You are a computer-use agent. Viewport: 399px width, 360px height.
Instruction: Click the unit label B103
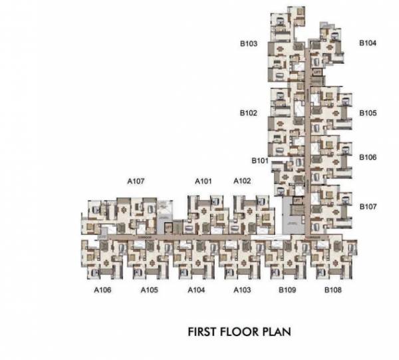point(249,44)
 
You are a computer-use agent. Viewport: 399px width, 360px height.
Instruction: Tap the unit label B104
point(368,43)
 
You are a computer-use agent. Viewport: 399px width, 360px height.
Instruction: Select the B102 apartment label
point(249,113)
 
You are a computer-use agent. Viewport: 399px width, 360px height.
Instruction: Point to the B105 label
point(368,113)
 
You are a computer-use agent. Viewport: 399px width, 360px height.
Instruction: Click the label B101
point(260,160)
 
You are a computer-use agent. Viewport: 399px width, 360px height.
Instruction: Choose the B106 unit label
point(368,158)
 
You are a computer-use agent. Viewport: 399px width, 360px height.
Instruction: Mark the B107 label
point(368,207)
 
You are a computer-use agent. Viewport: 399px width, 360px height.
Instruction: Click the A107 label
point(136,181)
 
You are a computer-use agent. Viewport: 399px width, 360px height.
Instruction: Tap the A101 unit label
point(203,181)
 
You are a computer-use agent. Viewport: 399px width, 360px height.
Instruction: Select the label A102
point(242,181)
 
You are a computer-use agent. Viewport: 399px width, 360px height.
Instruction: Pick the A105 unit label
point(149,290)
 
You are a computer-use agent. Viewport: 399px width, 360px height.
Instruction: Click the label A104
point(196,290)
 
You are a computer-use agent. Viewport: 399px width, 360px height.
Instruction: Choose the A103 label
point(242,290)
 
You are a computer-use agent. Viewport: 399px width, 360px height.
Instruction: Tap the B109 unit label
point(287,290)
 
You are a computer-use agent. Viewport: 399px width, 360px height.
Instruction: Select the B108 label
point(333,290)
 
